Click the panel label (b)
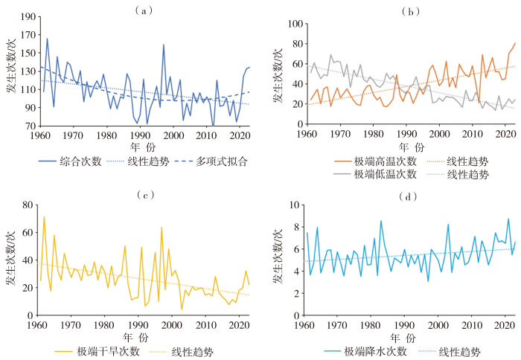(x=409, y=11)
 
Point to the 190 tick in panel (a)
(x=28, y=16)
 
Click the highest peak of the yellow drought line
(x=44, y=216)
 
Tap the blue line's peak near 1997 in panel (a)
(x=164, y=45)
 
